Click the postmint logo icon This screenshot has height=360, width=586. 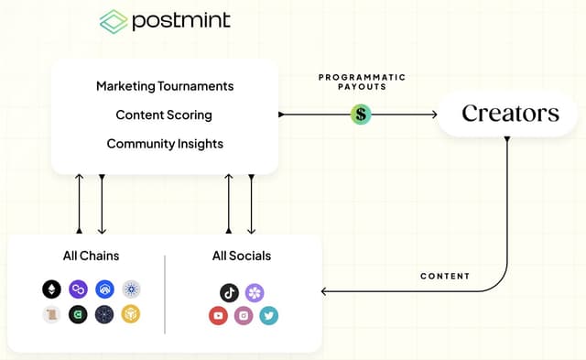[x=114, y=21]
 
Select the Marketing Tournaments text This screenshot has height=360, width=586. [x=165, y=86]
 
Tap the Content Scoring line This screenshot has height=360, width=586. [x=164, y=115]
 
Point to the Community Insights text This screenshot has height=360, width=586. [x=165, y=144]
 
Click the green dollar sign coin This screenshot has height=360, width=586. [x=361, y=115]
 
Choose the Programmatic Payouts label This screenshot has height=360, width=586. [x=362, y=82]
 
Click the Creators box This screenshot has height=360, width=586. [x=510, y=114]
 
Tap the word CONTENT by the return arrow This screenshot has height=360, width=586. [x=445, y=276]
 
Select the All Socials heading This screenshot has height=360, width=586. [x=242, y=256]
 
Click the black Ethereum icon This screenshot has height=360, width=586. [x=52, y=289]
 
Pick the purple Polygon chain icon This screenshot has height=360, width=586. [x=79, y=289]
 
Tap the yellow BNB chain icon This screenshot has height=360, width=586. [x=131, y=315]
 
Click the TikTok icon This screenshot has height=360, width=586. [x=230, y=292]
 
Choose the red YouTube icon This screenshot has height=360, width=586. [x=218, y=316]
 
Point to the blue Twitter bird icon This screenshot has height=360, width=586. [x=268, y=316]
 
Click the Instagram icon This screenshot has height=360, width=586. [x=244, y=316]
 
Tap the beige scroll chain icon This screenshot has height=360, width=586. [x=52, y=315]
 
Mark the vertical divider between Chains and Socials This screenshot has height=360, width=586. [x=165, y=293]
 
